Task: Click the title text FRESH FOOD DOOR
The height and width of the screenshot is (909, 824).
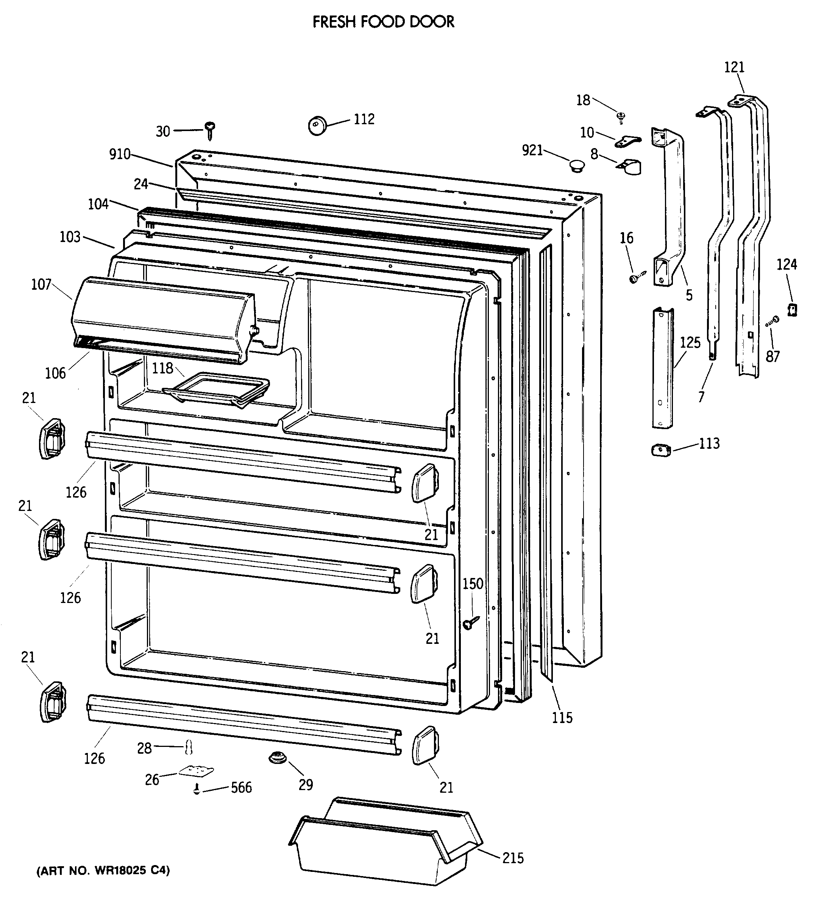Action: tap(383, 22)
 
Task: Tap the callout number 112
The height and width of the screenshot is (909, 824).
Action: tap(364, 119)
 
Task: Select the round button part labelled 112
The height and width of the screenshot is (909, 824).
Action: tap(317, 125)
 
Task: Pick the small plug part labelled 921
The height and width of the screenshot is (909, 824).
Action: tap(576, 166)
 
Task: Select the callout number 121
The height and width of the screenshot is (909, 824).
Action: tap(734, 67)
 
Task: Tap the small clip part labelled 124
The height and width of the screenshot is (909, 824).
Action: tap(792, 309)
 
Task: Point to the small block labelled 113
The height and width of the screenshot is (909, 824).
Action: tap(661, 450)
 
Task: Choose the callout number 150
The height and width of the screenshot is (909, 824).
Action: tap(473, 584)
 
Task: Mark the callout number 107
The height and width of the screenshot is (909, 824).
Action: tap(41, 284)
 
